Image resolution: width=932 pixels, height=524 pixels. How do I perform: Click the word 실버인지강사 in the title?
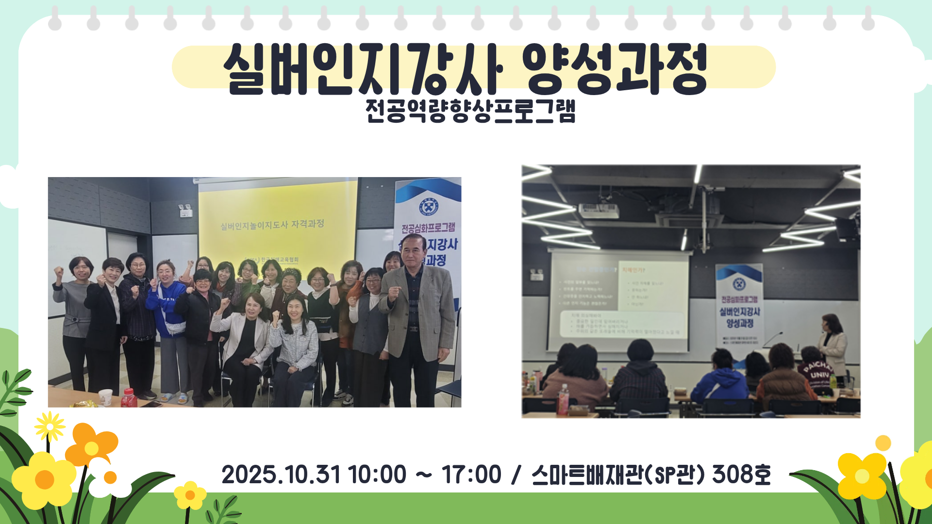click(x=362, y=69)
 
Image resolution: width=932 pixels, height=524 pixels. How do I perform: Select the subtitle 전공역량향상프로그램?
click(x=470, y=112)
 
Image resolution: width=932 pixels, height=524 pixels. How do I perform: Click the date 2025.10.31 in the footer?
click(x=282, y=475)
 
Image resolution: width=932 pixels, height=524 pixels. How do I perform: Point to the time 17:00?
click(x=471, y=475)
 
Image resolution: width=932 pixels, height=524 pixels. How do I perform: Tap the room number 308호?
click(x=741, y=475)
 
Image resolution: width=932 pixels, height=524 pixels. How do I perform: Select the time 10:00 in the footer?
click(x=377, y=475)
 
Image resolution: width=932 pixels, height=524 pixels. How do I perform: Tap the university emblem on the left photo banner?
click(x=428, y=207)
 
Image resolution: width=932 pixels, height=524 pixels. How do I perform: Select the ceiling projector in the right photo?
click(x=599, y=211)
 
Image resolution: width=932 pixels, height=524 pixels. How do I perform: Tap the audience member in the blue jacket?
click(x=721, y=381)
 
